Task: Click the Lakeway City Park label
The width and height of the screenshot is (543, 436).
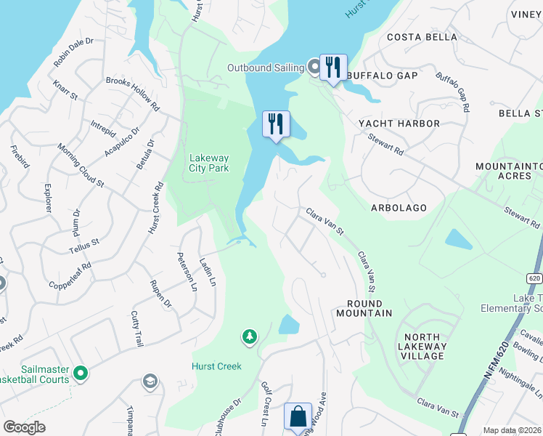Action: [x=209, y=163]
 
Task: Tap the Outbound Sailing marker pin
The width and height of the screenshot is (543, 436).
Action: [x=314, y=68]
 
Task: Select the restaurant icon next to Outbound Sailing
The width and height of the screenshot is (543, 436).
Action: [x=333, y=67]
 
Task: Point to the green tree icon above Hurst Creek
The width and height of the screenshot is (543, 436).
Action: [x=250, y=336]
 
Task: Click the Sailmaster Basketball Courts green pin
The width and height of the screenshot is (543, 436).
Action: [x=80, y=374]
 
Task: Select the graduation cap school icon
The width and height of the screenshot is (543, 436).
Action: [x=150, y=381]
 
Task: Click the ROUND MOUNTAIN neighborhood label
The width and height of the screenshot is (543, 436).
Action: [x=364, y=308]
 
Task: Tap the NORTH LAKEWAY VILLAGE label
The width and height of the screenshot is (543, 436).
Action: [x=422, y=347]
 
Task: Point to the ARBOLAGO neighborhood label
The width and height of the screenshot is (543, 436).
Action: [x=399, y=208]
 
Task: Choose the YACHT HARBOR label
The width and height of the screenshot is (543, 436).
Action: [x=399, y=124]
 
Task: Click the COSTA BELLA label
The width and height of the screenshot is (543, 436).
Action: [x=422, y=37]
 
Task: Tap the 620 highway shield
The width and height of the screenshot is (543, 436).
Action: [x=534, y=277]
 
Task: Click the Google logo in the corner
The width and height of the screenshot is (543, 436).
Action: [x=24, y=427]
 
